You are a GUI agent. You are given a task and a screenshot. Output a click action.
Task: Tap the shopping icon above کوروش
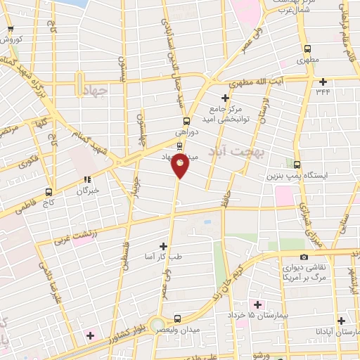10,30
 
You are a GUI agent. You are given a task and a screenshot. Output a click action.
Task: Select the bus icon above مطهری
307,49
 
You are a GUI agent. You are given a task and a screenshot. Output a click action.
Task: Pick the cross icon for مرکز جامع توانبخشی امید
225,98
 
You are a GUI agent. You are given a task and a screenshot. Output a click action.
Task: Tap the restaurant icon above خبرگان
87,179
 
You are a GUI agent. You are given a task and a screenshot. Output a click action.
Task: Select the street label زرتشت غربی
73,236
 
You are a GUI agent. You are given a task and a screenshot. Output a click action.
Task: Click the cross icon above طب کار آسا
164,246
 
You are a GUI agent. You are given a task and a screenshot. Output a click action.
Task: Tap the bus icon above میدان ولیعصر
179,318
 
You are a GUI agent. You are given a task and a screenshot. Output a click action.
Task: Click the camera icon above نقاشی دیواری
303,257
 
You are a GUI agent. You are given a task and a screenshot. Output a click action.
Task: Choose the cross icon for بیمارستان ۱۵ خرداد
257,304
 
